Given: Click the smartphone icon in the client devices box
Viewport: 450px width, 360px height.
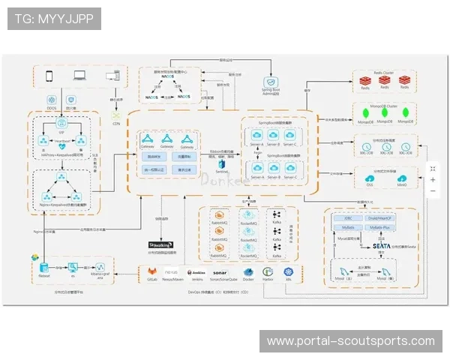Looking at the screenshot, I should (49, 76).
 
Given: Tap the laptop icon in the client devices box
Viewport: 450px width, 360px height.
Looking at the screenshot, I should (80, 76).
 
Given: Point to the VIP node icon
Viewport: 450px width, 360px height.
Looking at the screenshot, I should (62, 125).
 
